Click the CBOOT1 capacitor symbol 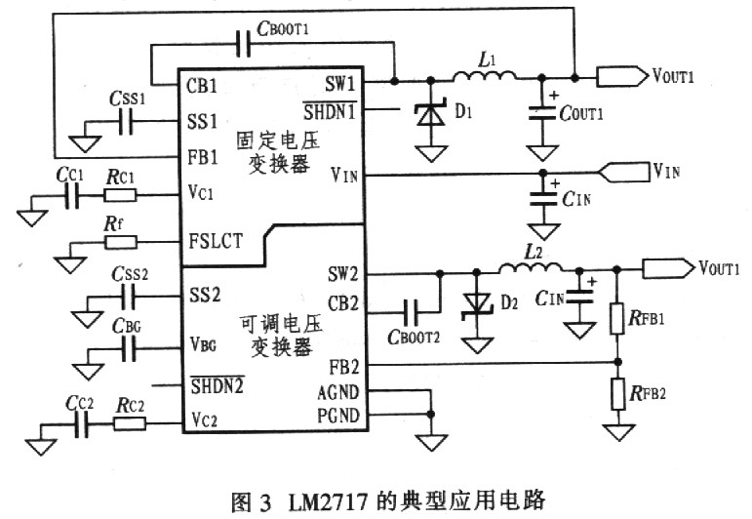(x=244, y=44)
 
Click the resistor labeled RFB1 (x=616, y=317)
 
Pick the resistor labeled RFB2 (x=616, y=395)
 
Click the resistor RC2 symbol (x=129, y=423)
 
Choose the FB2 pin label (x=342, y=363)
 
